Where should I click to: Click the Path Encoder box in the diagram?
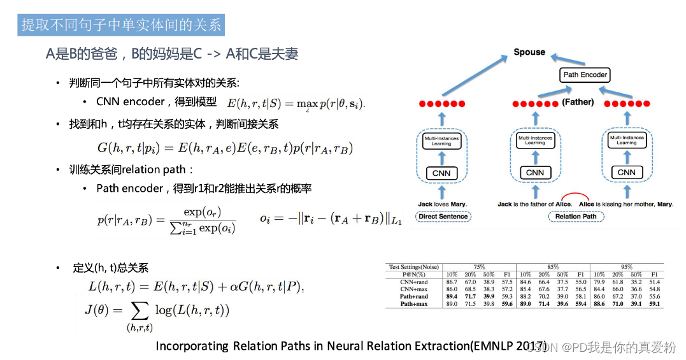pos(585,75)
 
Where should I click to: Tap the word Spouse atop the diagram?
pos(529,52)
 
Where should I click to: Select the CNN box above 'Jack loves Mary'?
pos(441,173)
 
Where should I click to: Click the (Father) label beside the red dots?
pos(578,102)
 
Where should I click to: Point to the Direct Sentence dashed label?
pos(443,217)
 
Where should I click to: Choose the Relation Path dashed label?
pos(576,217)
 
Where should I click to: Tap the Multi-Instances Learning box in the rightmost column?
pos(626,140)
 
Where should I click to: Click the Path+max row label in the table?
pos(413,304)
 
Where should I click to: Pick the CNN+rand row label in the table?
pos(414,281)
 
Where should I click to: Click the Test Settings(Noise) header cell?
pos(413,267)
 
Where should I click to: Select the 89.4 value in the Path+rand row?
pos(452,296)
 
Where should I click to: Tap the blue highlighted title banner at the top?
pos(121,25)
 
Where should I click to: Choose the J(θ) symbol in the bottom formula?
pos(99,310)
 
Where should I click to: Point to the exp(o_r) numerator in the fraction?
pos(202,212)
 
